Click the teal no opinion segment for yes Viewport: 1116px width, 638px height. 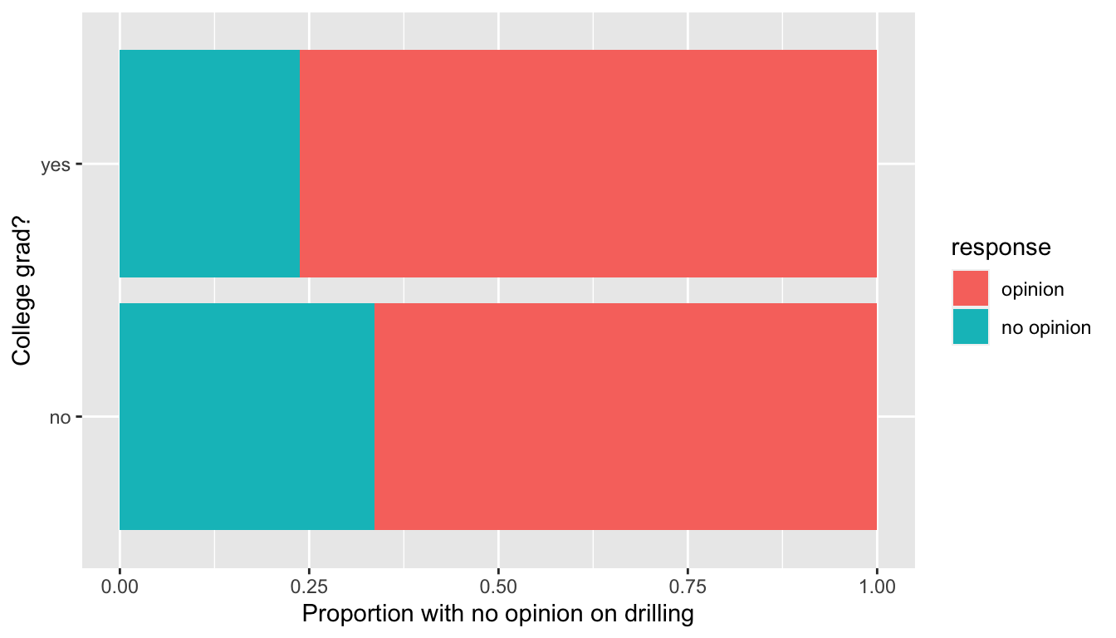pos(210,164)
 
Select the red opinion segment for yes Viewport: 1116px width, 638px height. pos(588,164)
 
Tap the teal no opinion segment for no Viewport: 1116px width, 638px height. pos(247,416)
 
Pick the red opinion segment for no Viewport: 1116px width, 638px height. pos(625,416)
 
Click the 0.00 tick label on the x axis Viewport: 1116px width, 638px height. pos(120,587)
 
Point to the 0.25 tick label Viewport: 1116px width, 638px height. pos(309,587)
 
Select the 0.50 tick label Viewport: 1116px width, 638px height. pos(498,587)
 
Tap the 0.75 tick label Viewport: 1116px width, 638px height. pos(688,587)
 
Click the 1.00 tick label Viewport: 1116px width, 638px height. pos(876,587)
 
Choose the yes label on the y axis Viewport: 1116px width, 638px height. pos(55,165)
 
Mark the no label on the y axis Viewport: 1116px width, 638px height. pos(60,418)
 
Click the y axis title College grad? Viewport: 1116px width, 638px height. pos(22,291)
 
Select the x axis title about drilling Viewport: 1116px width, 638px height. pos(497,615)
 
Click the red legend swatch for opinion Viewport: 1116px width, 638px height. pos(971,289)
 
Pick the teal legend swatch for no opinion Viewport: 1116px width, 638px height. pos(971,326)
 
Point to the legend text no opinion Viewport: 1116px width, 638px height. pos(1045,327)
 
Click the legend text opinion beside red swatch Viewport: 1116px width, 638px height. pos(1032,290)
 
